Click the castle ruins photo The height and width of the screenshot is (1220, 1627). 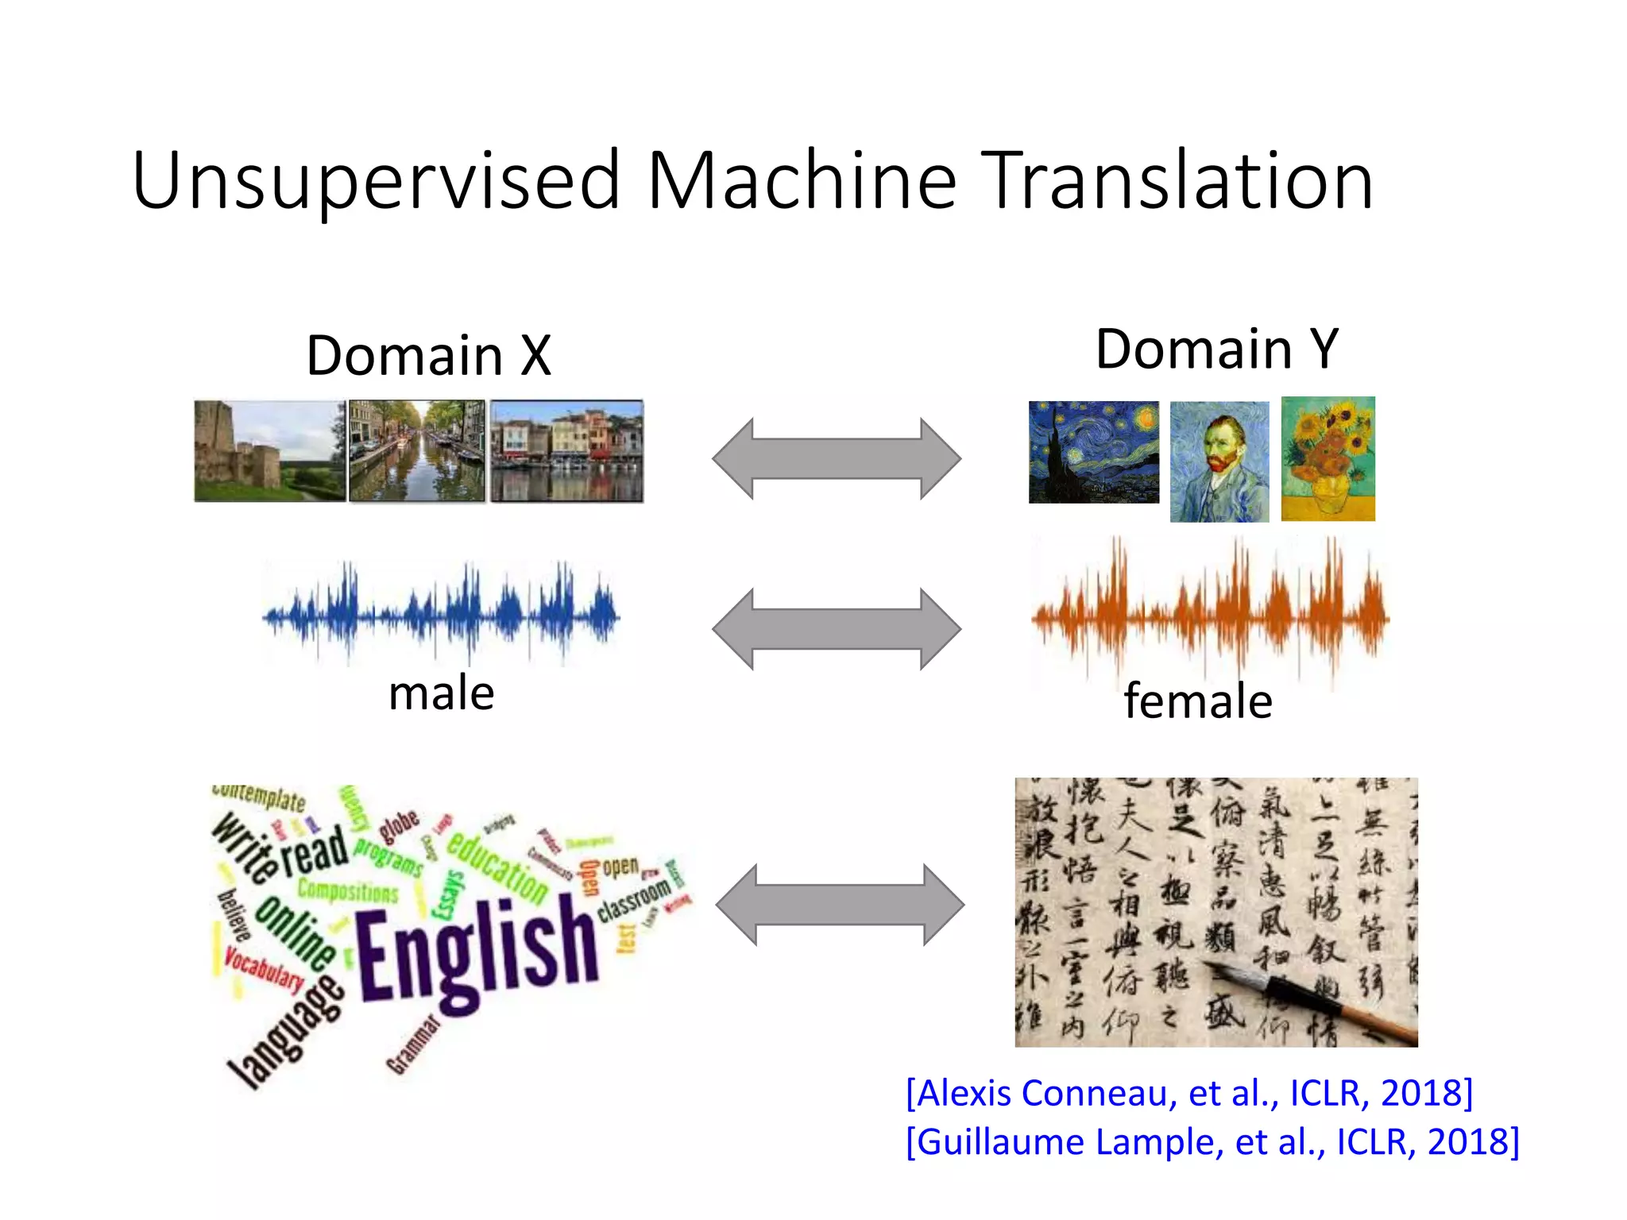(x=269, y=451)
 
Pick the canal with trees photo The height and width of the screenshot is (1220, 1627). (x=416, y=451)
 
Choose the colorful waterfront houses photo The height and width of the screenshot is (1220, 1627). (x=566, y=451)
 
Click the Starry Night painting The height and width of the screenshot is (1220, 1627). (x=1093, y=452)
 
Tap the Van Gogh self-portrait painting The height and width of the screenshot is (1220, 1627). (x=1219, y=461)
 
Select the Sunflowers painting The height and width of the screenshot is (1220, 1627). (x=1327, y=459)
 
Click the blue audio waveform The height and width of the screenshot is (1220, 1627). (x=441, y=613)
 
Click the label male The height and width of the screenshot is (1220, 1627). (x=441, y=693)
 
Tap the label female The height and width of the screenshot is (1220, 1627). (x=1198, y=701)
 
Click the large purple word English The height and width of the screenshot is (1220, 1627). (x=477, y=953)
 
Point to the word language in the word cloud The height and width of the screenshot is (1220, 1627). (x=286, y=1033)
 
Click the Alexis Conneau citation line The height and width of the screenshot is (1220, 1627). (x=1189, y=1093)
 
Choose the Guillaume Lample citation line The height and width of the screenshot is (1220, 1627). (x=1212, y=1141)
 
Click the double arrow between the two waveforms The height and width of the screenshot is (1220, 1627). (x=837, y=629)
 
